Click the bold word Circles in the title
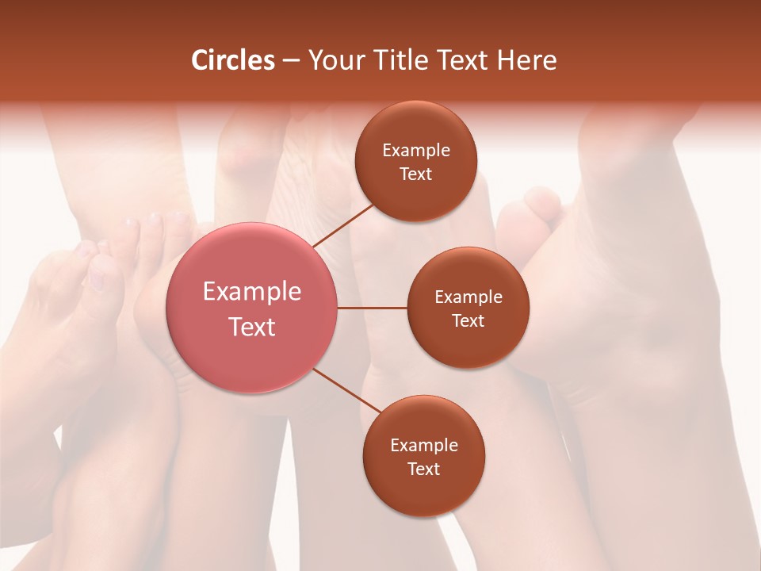coord(233,60)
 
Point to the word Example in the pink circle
coord(252,292)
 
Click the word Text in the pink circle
coord(252,327)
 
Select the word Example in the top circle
coord(416,151)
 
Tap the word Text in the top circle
coord(416,174)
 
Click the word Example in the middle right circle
coord(468,297)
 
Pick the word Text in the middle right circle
coord(468,320)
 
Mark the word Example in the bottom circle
coord(424,446)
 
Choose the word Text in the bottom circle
coord(424,469)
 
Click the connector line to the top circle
coord(343,226)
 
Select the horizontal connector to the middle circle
coord(372,308)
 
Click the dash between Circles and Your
coord(291,61)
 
